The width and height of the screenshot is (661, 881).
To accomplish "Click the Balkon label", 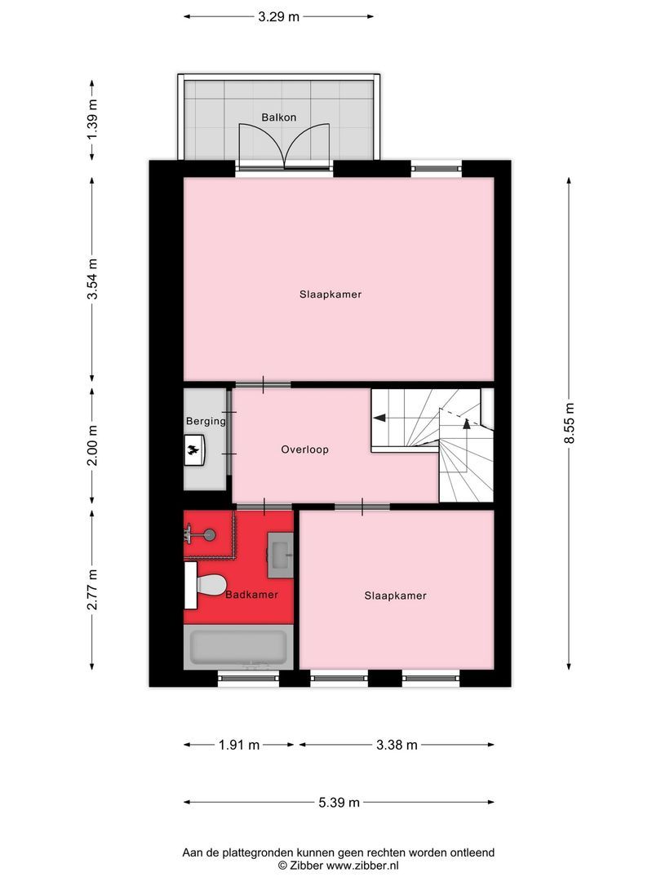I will pos(278,117).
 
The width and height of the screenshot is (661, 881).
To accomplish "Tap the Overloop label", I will pos(304,449).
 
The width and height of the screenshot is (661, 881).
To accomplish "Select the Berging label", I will pos(205,423).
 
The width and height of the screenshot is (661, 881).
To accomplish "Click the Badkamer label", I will pos(251,595).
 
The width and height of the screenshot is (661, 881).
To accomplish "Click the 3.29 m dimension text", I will pos(278,15).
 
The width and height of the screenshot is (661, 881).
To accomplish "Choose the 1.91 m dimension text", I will pos(238,745).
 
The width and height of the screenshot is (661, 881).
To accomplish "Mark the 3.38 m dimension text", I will pos(397,745).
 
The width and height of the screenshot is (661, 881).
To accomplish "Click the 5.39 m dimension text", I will pos(339,803).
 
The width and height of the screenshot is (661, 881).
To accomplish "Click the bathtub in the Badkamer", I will pos(237,649).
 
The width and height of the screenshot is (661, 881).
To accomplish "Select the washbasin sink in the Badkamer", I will pos(281,553).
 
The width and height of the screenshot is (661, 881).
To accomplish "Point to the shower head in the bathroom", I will pos(210,535).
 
